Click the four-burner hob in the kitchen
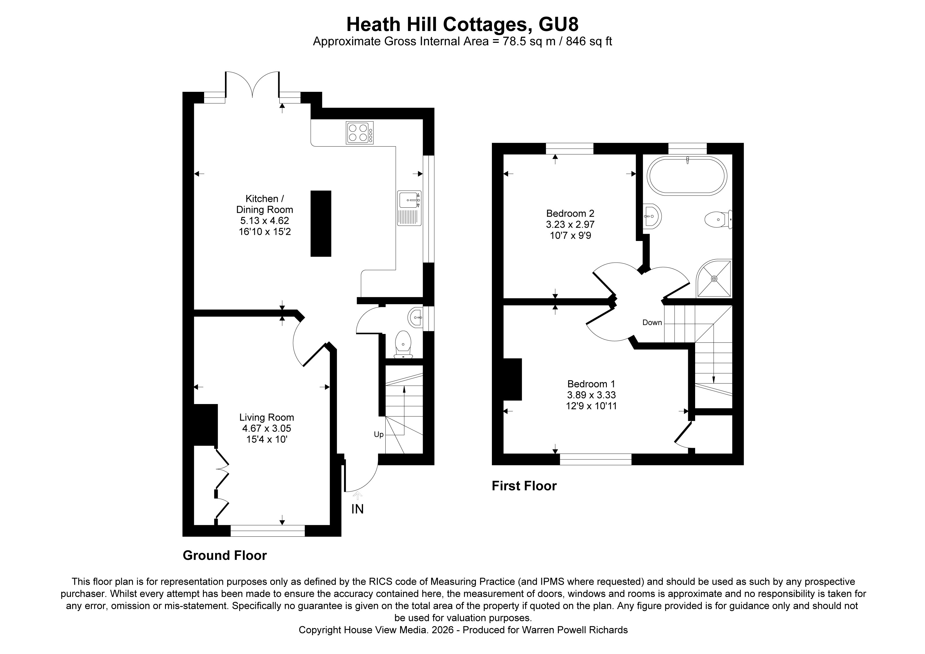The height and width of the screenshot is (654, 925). click(x=359, y=133)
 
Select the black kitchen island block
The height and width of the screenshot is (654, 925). click(x=321, y=224)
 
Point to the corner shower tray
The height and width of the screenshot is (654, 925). click(x=714, y=278)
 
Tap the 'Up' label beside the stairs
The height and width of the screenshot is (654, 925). click(x=379, y=434)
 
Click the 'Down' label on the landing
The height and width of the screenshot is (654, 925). click(x=652, y=322)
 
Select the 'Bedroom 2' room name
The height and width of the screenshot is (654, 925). click(x=570, y=213)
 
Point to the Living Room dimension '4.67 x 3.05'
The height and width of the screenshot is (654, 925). click(x=267, y=428)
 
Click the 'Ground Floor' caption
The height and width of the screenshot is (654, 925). click(x=225, y=555)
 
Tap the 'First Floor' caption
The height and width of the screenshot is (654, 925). click(x=524, y=486)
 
